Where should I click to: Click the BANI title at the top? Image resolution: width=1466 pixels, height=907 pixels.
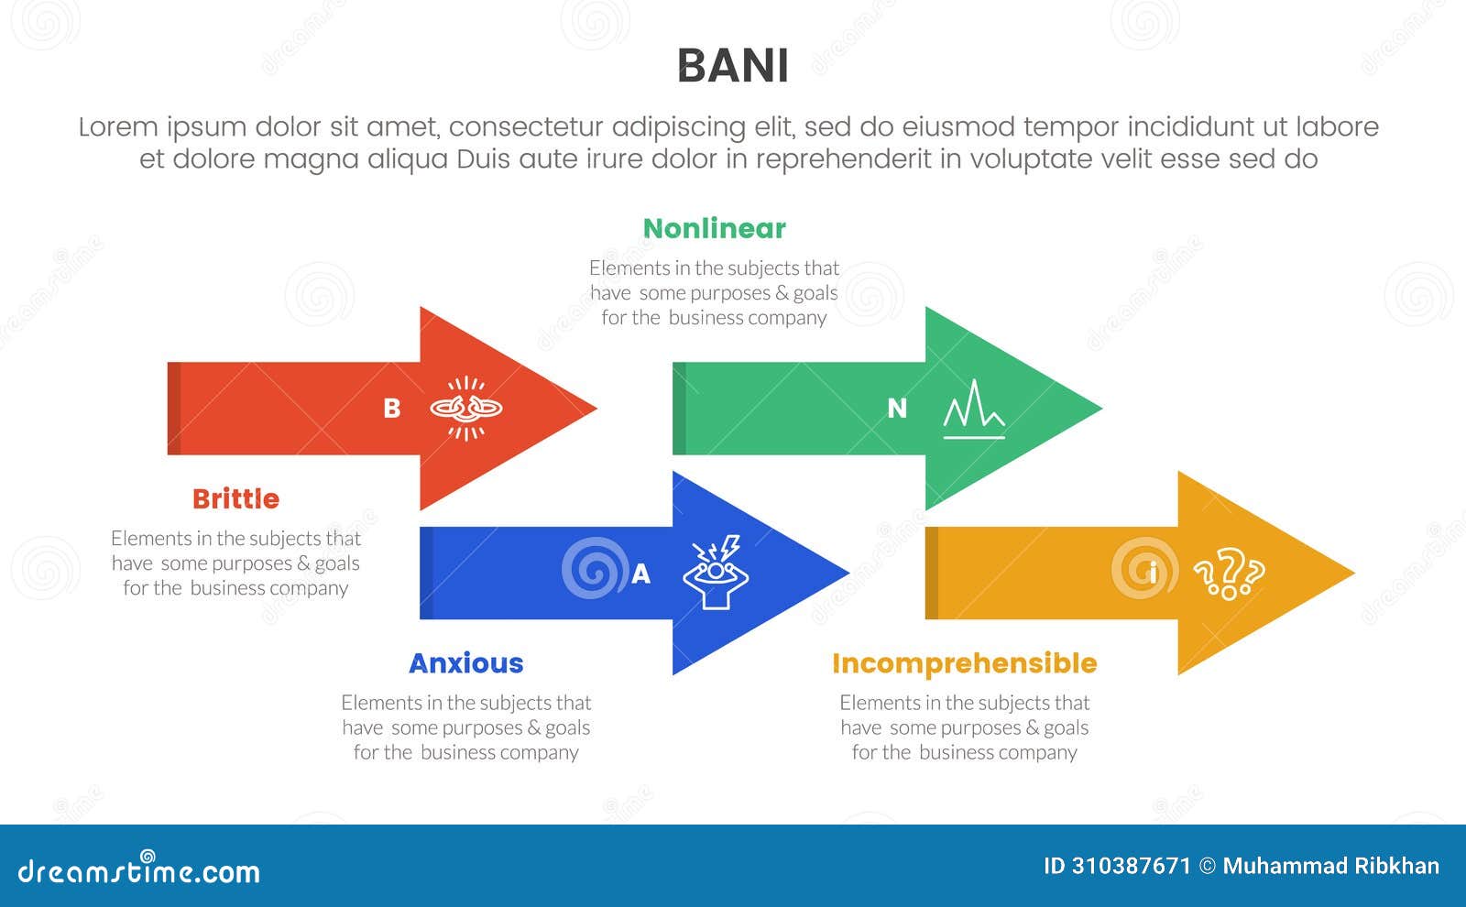click(732, 66)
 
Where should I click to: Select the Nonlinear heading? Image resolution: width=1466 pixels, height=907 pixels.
click(714, 228)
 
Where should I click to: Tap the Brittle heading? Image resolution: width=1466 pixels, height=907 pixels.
click(235, 498)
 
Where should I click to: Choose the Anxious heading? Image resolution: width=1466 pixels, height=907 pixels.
click(465, 662)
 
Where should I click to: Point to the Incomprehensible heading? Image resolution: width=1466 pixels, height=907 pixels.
click(964, 662)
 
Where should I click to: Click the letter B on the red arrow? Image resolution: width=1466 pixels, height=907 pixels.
click(391, 409)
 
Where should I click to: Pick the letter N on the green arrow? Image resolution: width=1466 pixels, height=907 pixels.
click(897, 409)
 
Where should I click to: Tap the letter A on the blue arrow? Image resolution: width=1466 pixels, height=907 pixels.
click(640, 574)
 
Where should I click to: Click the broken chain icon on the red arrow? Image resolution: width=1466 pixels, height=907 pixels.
click(466, 408)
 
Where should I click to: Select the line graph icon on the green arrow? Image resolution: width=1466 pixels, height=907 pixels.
click(974, 410)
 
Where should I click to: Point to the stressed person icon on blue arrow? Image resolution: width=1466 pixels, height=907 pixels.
click(716, 574)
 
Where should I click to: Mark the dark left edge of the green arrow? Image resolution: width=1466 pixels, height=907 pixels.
click(679, 409)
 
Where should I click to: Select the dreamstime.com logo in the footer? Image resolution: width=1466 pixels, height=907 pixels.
click(138, 870)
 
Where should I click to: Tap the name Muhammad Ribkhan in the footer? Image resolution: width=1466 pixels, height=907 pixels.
click(1330, 866)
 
